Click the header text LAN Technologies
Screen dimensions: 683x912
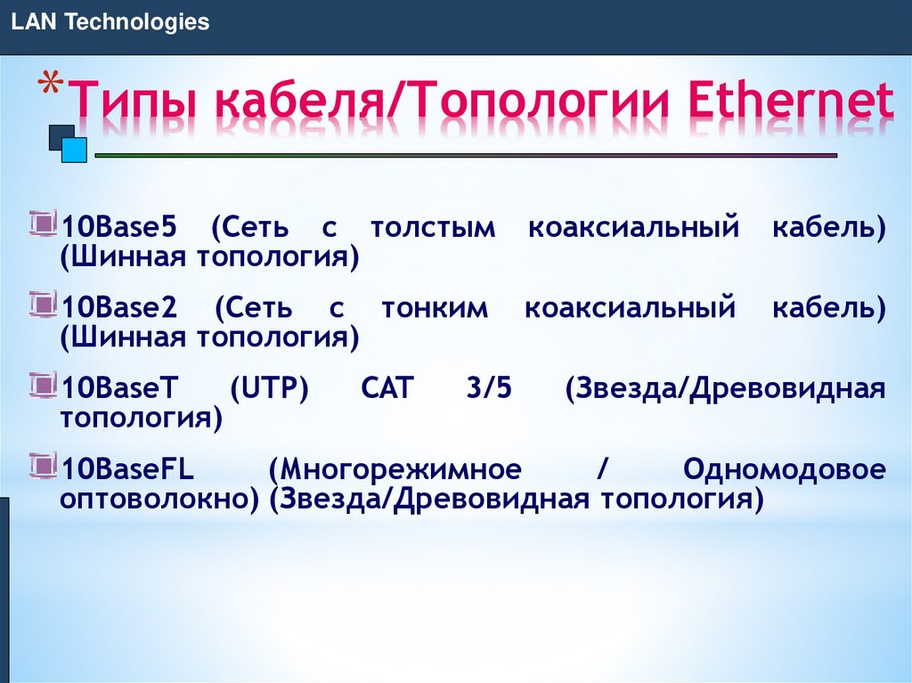pos(110,22)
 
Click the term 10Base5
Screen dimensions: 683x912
pos(119,228)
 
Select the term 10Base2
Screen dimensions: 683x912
pos(119,309)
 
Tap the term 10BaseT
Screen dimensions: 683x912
pos(119,389)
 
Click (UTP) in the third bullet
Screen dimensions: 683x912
pos(268,389)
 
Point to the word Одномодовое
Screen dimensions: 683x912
pos(785,469)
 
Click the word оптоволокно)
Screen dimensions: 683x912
pos(159,499)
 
